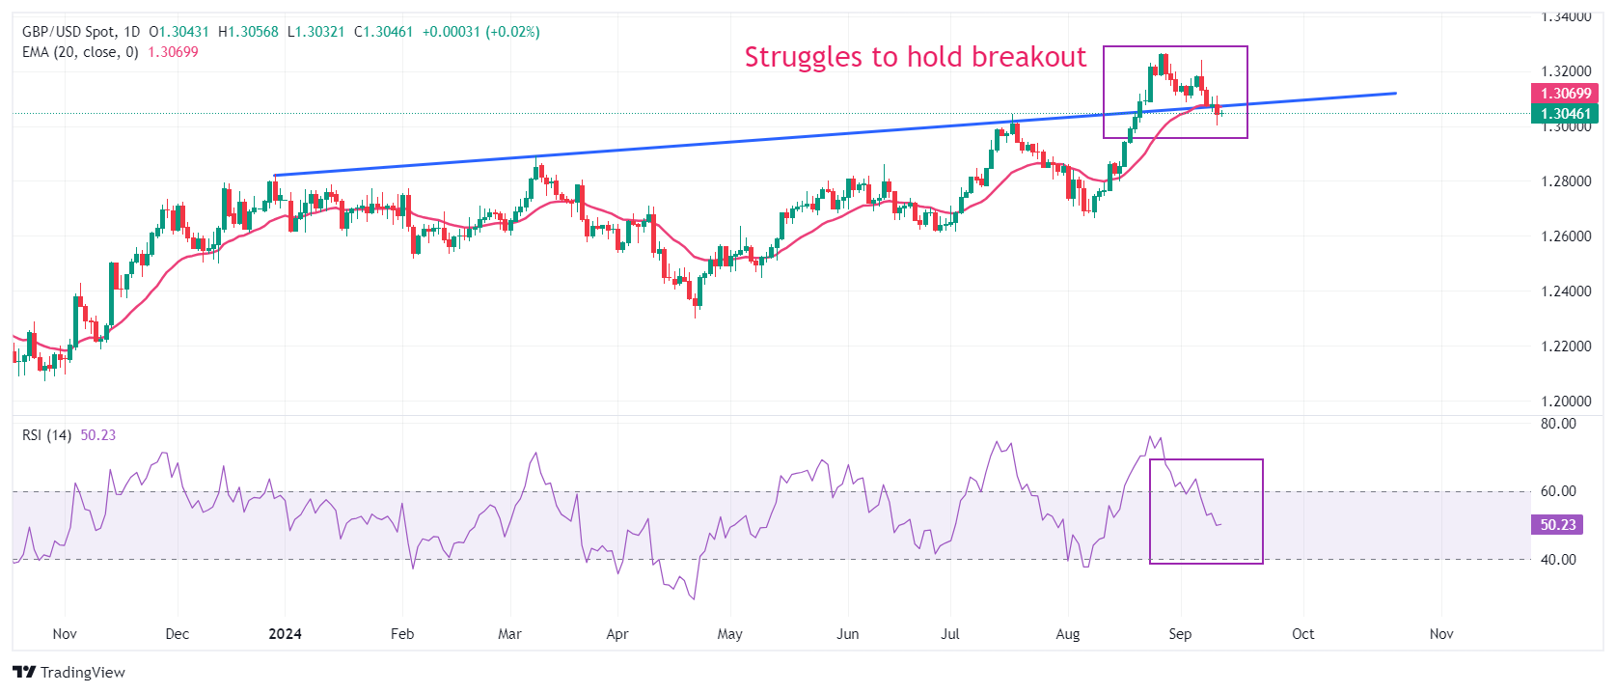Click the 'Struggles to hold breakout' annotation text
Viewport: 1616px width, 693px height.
point(915,57)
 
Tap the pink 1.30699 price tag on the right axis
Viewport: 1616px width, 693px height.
point(1565,94)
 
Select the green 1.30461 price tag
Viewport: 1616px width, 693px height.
point(1565,114)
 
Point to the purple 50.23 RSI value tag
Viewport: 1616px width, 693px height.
point(1557,525)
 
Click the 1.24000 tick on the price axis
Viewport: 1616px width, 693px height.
point(1565,291)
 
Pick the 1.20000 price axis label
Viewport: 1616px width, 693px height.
point(1565,402)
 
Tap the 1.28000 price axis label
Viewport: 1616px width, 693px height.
point(1565,181)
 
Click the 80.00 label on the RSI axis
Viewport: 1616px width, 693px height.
point(1558,424)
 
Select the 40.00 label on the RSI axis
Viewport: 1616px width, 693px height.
point(1558,560)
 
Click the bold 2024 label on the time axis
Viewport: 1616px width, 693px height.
point(285,634)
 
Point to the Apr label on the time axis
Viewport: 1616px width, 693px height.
point(617,634)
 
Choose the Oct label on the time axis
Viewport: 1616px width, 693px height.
point(1302,634)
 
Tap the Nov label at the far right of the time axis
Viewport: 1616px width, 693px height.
point(1440,634)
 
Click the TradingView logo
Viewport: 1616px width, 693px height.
point(69,672)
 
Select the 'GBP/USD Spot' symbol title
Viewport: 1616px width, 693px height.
point(68,32)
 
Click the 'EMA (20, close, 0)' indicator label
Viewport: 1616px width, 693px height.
point(80,52)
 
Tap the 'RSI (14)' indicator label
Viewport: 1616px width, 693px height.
point(46,435)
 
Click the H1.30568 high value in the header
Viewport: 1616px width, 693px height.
point(248,32)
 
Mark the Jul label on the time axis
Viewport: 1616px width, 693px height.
point(950,634)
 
